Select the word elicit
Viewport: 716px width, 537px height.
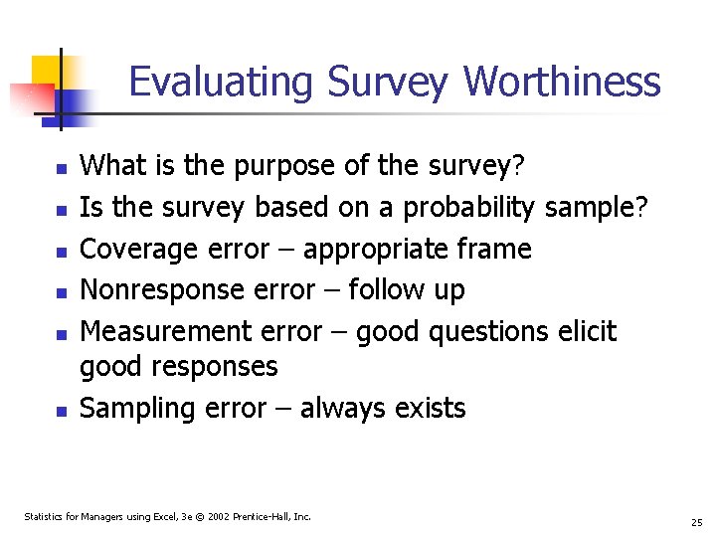[x=585, y=330]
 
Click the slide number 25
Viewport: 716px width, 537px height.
[x=696, y=522]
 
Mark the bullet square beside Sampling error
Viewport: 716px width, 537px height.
[x=60, y=411]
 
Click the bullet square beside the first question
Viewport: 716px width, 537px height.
[x=60, y=170]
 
